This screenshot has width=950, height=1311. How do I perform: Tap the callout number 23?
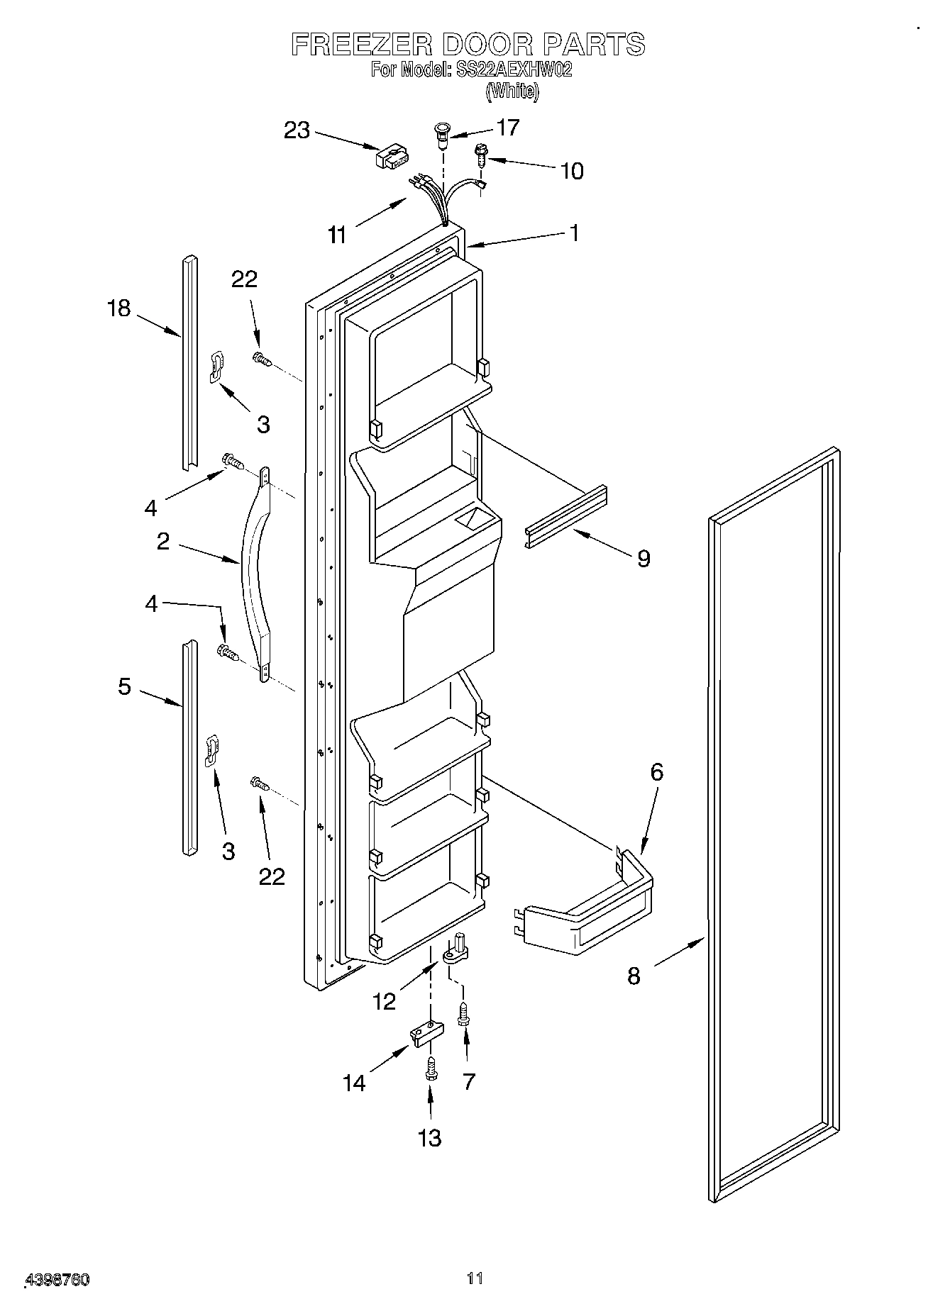[x=297, y=130]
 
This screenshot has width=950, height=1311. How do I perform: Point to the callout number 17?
[x=508, y=128]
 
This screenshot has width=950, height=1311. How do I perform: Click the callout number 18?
[x=118, y=308]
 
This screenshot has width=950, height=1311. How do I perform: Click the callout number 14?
[x=354, y=1083]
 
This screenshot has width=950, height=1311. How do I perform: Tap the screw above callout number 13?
[x=430, y=1068]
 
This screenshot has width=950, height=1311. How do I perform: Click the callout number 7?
[x=468, y=1081]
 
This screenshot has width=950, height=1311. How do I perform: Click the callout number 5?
[x=124, y=686]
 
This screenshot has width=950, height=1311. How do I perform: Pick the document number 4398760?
[x=57, y=1280]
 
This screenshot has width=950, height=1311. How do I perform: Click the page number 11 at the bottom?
[x=475, y=1278]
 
